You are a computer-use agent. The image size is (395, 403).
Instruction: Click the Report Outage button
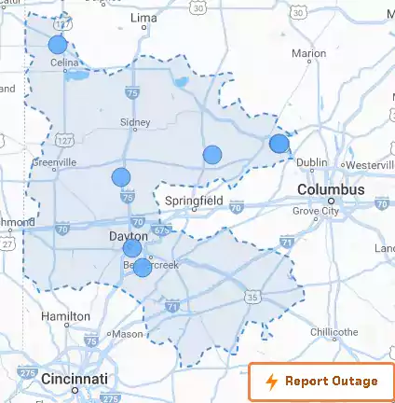pyautogui.click(x=320, y=382)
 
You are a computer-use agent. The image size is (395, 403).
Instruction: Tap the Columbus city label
pyautogui.click(x=331, y=189)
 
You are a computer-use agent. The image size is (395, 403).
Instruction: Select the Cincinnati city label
pyautogui.click(x=74, y=380)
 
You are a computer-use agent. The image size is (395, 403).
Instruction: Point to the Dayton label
pyautogui.click(x=129, y=237)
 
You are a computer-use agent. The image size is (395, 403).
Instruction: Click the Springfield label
pyautogui.click(x=194, y=201)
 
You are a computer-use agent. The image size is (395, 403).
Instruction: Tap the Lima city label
pyautogui.click(x=143, y=18)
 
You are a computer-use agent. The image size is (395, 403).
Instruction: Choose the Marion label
pyautogui.click(x=308, y=54)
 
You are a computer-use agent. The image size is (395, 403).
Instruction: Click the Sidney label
pyautogui.click(x=135, y=122)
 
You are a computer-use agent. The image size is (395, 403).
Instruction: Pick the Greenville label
pyautogui.click(x=54, y=161)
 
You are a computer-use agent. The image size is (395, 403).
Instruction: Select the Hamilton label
pyautogui.click(x=65, y=317)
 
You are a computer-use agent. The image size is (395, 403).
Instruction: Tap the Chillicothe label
pyautogui.click(x=334, y=332)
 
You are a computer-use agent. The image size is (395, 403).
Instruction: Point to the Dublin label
pyautogui.click(x=312, y=162)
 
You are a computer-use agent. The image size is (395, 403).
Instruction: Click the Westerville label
pyautogui.click(x=369, y=165)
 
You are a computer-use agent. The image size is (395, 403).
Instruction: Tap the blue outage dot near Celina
pyautogui.click(x=58, y=44)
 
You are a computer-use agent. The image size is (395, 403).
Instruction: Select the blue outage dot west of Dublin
pyautogui.click(x=279, y=143)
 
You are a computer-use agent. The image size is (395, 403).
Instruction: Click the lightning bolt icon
pyautogui.click(x=271, y=382)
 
